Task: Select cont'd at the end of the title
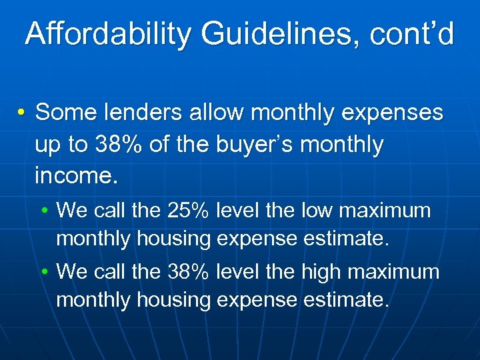(x=414, y=33)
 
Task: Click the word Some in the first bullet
(x=63, y=113)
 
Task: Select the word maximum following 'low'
(x=386, y=211)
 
